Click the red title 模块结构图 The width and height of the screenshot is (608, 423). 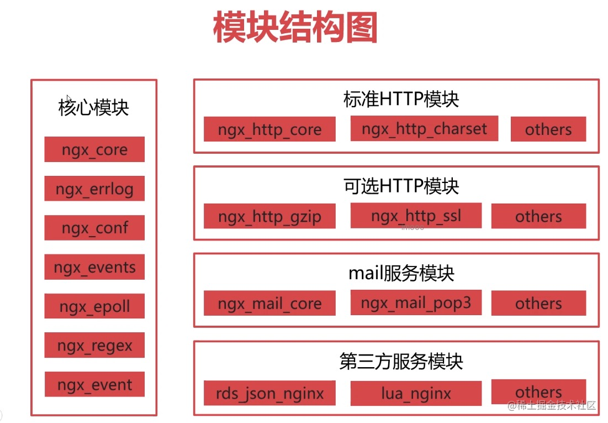(295, 27)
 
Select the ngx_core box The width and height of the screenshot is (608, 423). (94, 149)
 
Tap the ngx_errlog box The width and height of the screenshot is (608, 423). (94, 189)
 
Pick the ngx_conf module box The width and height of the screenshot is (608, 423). (94, 228)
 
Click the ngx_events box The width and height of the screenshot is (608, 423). (94, 267)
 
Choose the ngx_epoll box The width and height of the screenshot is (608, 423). (94, 306)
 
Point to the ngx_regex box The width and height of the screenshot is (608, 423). (94, 345)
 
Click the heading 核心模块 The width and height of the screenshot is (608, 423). (93, 107)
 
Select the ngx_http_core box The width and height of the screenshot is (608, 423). (269, 129)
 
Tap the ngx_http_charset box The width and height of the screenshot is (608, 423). (424, 128)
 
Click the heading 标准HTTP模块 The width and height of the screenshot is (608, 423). (401, 98)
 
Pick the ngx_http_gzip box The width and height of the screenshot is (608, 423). (269, 216)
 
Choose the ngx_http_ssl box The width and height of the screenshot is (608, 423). (416, 215)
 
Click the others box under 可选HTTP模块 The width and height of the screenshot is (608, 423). (538, 216)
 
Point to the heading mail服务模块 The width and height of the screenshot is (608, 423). (401, 273)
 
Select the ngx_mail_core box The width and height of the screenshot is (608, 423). (269, 303)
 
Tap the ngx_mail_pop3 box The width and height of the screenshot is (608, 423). (416, 302)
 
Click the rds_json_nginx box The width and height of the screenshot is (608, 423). (269, 393)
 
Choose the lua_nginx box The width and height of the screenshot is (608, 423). (416, 393)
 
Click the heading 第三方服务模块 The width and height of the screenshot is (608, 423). (401, 361)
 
